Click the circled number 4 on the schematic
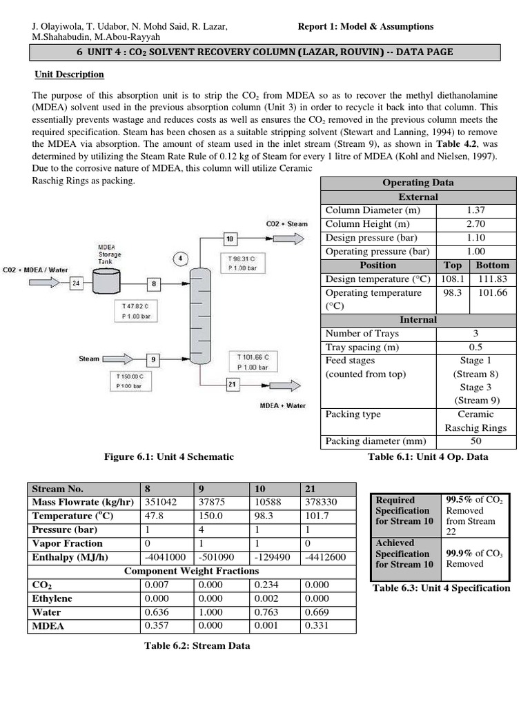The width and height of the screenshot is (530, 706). coord(180,259)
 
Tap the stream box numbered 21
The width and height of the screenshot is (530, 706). coord(232,384)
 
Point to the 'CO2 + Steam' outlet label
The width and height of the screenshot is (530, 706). coord(286,224)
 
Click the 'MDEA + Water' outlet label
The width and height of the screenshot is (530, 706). coord(282,405)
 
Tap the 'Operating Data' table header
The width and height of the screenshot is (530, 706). coord(418,183)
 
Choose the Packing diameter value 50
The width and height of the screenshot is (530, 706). coord(475,441)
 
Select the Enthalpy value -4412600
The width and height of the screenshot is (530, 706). coord(324,557)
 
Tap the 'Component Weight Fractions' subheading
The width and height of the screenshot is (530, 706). coord(192,571)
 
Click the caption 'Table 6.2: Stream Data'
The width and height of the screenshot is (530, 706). coord(191,646)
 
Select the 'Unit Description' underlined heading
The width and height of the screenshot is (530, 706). coord(70,74)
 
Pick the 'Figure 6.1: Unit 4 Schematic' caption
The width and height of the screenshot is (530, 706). coord(169,456)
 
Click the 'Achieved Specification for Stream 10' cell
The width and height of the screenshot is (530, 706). coord(404,554)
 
